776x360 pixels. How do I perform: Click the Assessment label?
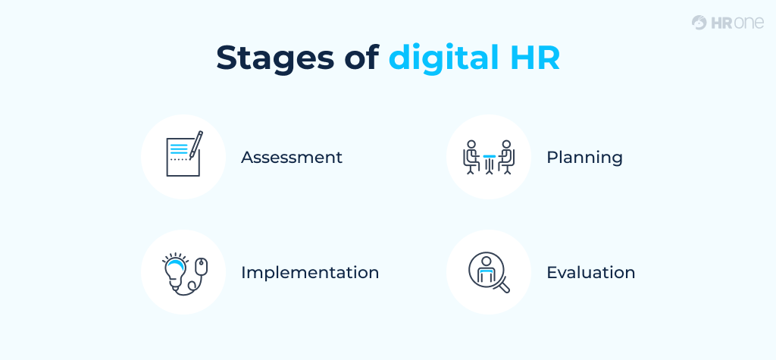[292, 158]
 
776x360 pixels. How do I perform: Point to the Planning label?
[584, 158]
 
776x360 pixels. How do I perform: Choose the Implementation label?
[310, 273]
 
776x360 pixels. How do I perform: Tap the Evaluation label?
[590, 273]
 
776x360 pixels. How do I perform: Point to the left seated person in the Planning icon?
[471, 156]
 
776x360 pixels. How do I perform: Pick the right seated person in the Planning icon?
[507, 156]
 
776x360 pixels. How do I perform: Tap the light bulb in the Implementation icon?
[174, 270]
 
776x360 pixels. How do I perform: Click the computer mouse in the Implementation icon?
[200, 267]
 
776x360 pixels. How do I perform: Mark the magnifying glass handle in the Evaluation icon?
[502, 286]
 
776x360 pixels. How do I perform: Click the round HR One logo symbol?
[699, 23]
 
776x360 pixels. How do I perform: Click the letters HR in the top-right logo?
[721, 23]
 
